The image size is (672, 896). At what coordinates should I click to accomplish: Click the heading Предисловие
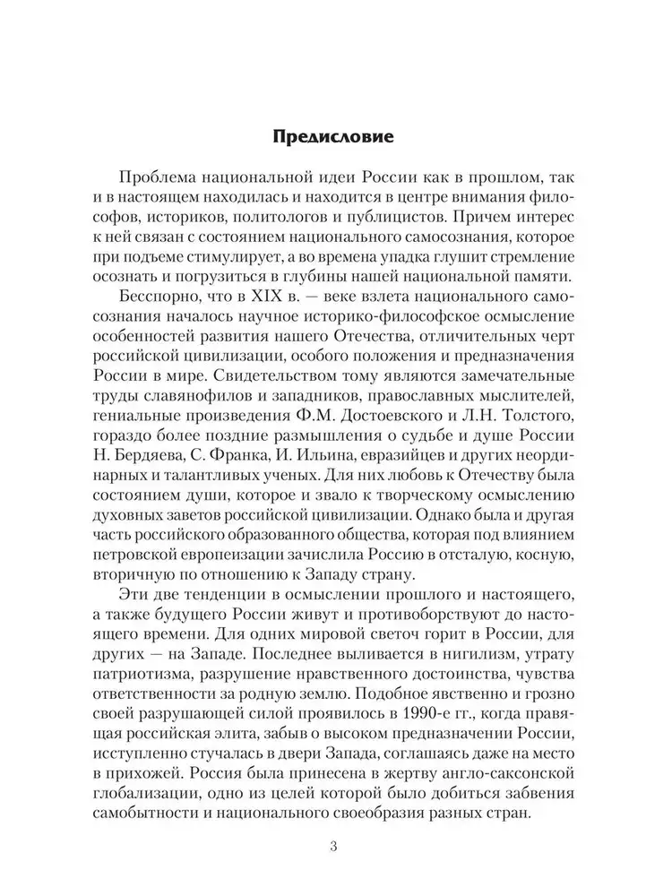coord(335,140)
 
